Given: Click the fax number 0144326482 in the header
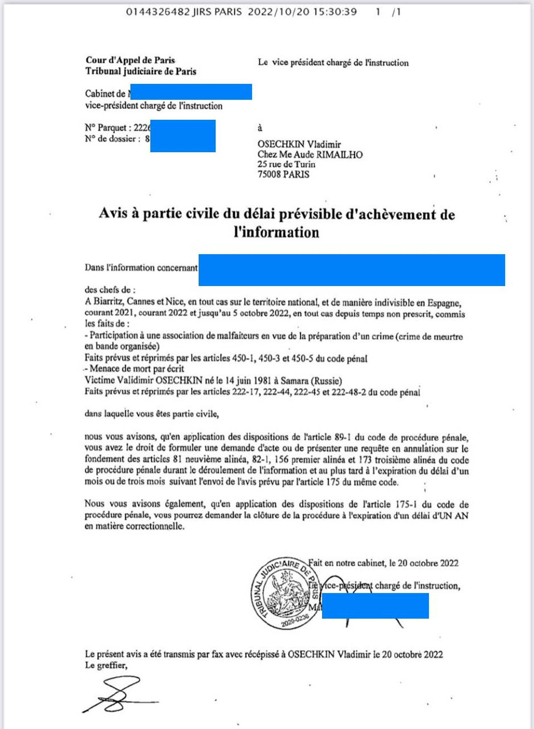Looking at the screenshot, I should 158,12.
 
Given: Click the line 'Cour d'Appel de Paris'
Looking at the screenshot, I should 130,60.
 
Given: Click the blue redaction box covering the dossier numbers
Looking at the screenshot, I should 183,136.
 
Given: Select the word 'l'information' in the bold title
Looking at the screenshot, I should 276,232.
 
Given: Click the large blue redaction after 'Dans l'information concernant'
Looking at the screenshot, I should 352,270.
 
